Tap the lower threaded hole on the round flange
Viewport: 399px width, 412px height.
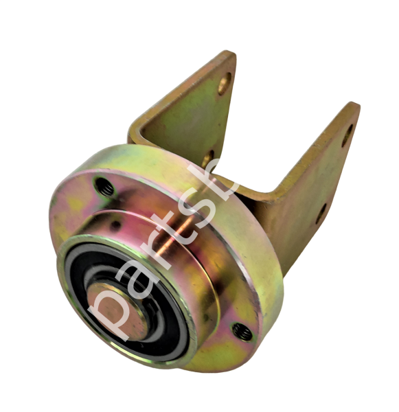241,331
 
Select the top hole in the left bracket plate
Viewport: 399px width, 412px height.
224,85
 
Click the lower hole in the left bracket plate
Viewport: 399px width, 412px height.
208,159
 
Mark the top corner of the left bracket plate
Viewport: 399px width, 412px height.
232,54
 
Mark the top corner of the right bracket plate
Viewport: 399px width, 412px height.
355,104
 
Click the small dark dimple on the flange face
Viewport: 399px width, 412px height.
117,225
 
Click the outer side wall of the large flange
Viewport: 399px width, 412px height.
264,288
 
